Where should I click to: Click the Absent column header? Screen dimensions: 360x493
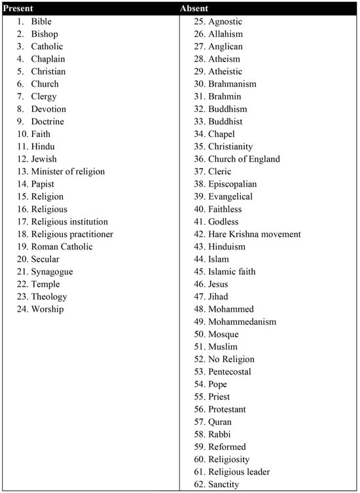pyautogui.click(x=194, y=9)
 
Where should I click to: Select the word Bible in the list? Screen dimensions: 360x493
pyautogui.click(x=41, y=22)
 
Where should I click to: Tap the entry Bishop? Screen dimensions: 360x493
pyautogui.click(x=44, y=34)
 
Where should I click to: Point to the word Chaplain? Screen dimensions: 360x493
pyautogui.click(x=48, y=59)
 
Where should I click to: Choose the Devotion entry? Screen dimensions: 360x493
pyautogui.click(x=48, y=109)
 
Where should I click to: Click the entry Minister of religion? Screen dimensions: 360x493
pyautogui.click(x=67, y=172)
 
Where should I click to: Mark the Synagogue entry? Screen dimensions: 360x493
pyautogui.click(x=52, y=272)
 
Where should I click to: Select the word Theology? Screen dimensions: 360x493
pyautogui.click(x=48, y=297)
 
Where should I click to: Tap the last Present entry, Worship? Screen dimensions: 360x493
pyautogui.click(x=47, y=309)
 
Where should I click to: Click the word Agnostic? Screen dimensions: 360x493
pyautogui.click(x=226, y=22)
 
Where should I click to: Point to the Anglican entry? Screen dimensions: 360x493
pyautogui.click(x=225, y=46)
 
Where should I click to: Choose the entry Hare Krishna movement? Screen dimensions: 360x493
pyautogui.click(x=255, y=234)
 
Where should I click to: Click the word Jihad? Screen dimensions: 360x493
pyautogui.click(x=218, y=297)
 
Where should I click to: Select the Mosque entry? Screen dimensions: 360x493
pyautogui.click(x=223, y=335)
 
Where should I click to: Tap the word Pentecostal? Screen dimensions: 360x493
pyautogui.click(x=230, y=372)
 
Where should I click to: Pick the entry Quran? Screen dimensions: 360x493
pyautogui.click(x=219, y=422)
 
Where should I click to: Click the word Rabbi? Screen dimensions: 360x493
pyautogui.click(x=219, y=435)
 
